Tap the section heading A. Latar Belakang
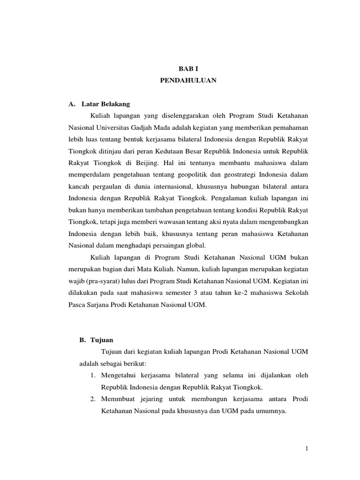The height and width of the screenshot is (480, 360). click(99, 103)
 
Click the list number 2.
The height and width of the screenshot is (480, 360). click(92, 399)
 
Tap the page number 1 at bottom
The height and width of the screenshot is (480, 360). click(307, 449)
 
